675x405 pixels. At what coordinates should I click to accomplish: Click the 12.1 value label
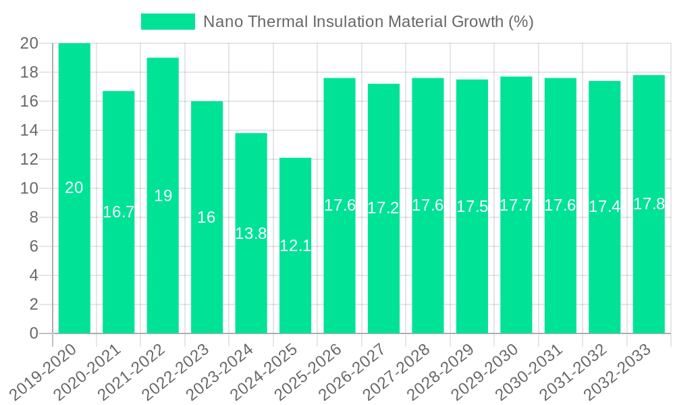(x=295, y=246)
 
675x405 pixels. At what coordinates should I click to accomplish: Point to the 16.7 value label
(x=119, y=212)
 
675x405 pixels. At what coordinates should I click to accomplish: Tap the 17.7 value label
(x=516, y=205)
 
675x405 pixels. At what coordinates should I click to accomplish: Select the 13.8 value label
(x=251, y=234)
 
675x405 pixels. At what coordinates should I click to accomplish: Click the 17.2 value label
(x=383, y=208)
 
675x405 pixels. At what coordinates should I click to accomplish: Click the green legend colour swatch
(x=167, y=22)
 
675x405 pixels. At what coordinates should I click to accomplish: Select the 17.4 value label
(x=604, y=207)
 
